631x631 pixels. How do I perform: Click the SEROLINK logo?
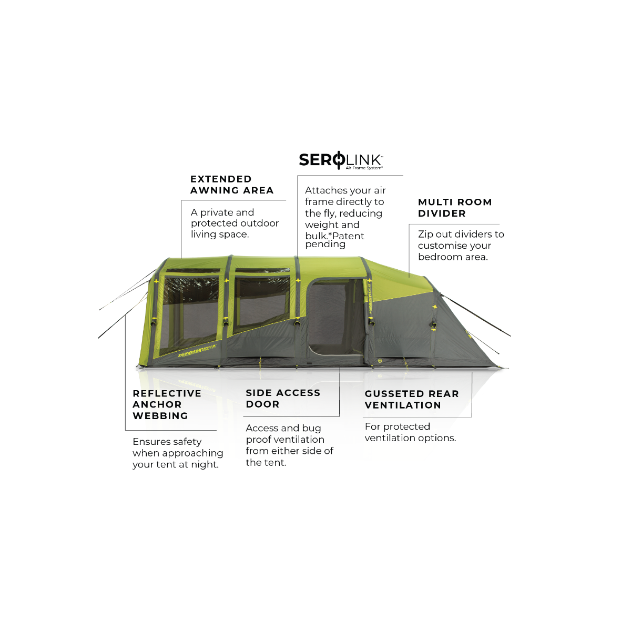341,160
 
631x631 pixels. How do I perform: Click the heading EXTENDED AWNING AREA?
232,185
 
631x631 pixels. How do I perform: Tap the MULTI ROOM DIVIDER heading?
455,208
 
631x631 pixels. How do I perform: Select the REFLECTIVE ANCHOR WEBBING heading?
167,404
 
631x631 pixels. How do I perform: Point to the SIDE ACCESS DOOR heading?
283,398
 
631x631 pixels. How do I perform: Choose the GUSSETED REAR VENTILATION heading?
412,399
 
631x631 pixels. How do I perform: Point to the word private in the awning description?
217,212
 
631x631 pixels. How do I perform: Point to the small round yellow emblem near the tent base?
380,361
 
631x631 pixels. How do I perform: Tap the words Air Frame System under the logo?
364,168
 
